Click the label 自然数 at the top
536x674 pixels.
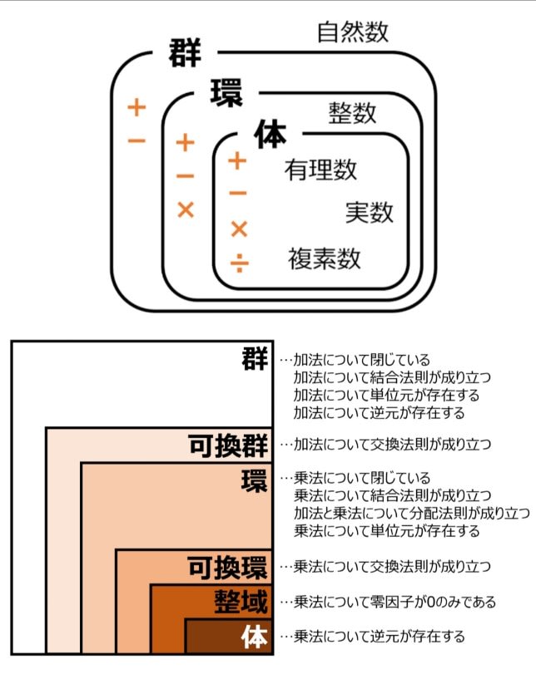click(353, 32)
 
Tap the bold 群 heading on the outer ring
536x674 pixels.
click(185, 52)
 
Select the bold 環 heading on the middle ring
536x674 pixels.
click(226, 92)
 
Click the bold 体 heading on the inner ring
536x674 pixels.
click(270, 134)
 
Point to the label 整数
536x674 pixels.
click(352, 113)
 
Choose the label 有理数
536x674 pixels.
click(320, 170)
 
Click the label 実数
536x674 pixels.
click(370, 213)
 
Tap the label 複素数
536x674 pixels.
click(325, 258)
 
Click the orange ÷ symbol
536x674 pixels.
click(240, 263)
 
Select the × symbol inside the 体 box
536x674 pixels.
click(239, 229)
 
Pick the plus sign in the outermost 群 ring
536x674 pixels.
click(136, 107)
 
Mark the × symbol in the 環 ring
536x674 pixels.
click(186, 210)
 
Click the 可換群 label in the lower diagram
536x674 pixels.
click(228, 445)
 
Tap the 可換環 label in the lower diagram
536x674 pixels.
click(228, 568)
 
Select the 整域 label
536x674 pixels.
click(241, 602)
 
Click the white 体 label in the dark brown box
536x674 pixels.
click(255, 637)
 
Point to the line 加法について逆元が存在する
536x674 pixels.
click(380, 413)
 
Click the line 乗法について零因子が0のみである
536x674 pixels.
click(395, 602)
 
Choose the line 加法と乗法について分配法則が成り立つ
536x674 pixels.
click(412, 514)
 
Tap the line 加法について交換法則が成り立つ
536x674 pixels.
click(392, 444)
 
